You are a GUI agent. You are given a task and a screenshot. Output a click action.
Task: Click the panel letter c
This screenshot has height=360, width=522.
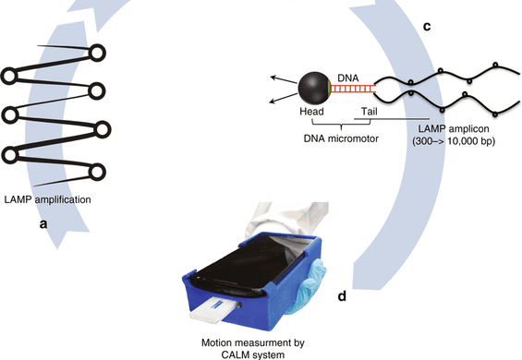coord(427,26)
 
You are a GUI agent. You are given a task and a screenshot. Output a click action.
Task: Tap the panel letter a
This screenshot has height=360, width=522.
coord(43,224)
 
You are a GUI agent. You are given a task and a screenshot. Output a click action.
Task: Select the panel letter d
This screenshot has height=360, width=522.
coord(342,295)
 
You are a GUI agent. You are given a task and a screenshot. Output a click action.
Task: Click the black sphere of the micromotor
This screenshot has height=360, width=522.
coord(313,89)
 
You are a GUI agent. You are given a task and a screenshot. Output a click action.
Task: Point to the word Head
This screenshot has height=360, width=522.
coord(311,111)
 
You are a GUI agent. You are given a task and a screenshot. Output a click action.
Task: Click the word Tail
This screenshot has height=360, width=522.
coord(370,111)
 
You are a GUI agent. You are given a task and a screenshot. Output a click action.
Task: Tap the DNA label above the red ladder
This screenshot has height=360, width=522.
coord(348,78)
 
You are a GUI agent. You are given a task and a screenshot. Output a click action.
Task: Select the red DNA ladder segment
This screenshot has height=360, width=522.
coord(353,89)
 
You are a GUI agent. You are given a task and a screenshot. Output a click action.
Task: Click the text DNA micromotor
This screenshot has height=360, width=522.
coord(341,138)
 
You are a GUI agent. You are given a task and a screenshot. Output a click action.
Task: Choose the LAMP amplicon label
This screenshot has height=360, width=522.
coord(454,128)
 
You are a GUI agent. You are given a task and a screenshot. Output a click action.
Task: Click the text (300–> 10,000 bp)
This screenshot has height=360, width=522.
coord(454,141)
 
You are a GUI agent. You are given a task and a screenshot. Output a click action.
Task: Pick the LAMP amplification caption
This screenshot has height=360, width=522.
coord(48,199)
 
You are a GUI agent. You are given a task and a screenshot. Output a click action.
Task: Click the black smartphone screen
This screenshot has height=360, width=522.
coord(248,263)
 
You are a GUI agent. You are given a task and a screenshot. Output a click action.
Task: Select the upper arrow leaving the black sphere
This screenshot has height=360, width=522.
coord(284,80)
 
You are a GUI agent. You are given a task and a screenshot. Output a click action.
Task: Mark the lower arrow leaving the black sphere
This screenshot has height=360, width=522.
coord(284,98)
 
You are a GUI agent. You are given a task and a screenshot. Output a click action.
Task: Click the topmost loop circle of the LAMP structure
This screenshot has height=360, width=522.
coord(97,53)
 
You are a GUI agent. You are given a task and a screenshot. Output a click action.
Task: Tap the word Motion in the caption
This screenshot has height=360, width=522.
coord(215,342)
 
